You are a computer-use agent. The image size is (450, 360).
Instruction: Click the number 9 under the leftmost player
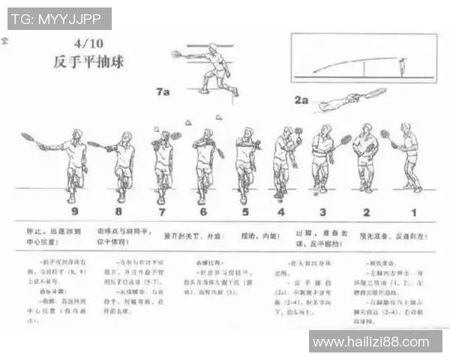72,211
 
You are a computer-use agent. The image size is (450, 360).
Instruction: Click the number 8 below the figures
118,211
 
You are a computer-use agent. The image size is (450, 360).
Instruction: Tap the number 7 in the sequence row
160,211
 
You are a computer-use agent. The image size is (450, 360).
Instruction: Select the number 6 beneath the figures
202,211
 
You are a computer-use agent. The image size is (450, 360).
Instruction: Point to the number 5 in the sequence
244,211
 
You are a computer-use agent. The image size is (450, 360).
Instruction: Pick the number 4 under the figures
280,211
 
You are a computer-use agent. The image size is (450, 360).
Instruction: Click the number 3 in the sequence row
322,211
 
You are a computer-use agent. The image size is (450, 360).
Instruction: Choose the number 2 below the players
367,211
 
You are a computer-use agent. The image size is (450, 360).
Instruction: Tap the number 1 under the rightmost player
413,211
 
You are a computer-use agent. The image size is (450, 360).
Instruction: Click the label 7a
163,91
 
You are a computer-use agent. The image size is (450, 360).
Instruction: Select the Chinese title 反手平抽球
88,62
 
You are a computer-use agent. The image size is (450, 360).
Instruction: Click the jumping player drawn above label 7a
214,69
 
